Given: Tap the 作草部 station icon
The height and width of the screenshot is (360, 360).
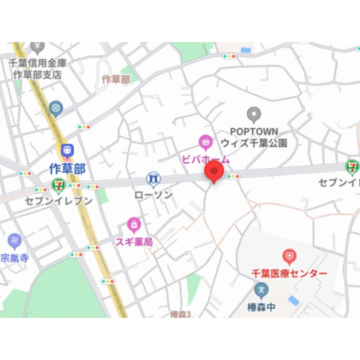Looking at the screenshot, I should point(67,150).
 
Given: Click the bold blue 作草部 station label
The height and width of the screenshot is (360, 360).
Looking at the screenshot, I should point(67,168).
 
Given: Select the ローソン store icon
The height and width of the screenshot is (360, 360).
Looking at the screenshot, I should point(153,178).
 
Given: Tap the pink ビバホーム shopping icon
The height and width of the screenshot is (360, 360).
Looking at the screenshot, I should point(206,141).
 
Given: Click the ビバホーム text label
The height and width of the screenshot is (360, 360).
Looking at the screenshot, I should point(206,159).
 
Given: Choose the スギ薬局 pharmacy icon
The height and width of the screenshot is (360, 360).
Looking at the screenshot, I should point(134,225).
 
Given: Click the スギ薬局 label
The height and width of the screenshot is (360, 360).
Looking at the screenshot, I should point(134,242).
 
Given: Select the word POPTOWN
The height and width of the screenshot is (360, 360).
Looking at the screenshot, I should point(254,132).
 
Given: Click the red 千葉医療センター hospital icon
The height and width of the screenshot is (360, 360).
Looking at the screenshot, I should point(289,256).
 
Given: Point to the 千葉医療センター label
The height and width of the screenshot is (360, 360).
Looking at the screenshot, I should point(289,273).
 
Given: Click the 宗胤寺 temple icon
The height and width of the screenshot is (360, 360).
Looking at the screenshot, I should point(15,241).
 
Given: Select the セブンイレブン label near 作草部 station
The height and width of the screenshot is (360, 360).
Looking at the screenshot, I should point(58,201).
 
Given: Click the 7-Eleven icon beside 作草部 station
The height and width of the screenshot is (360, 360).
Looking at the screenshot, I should point(58,185).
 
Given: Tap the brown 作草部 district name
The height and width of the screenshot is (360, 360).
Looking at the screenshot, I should point(116,79).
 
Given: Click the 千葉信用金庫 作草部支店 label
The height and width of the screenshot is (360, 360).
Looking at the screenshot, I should point(37,69).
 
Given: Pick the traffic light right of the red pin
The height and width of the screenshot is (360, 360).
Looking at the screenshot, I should point(233,177).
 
